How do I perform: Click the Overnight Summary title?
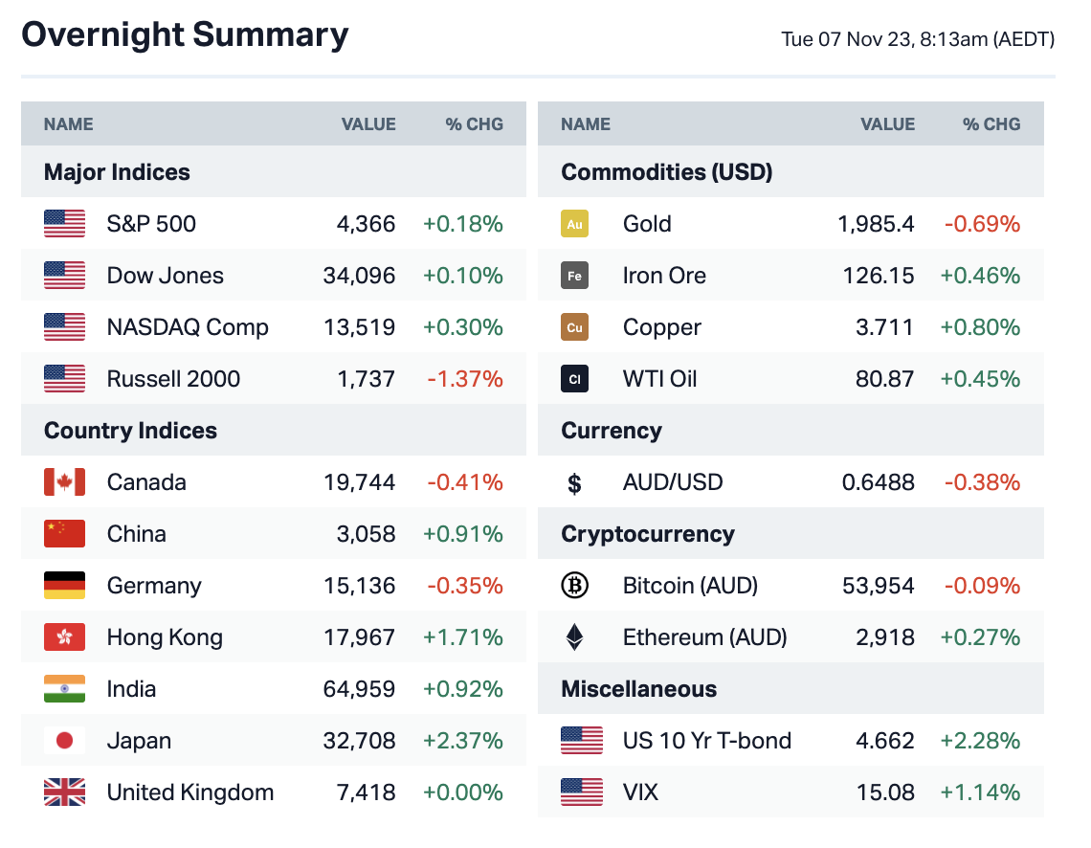[x=185, y=35]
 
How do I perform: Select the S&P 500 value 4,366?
[x=366, y=224]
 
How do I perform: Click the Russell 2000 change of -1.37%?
[x=464, y=379]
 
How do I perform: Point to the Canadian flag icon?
[x=64, y=482]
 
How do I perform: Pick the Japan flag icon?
[x=64, y=741]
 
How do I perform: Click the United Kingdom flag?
[x=64, y=792]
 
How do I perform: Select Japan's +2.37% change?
[x=462, y=741]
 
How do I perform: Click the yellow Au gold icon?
[x=574, y=224]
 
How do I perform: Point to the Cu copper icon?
[x=574, y=327]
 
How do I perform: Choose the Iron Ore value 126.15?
[x=878, y=276]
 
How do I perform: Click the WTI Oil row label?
[x=659, y=379]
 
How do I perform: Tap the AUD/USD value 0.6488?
[x=878, y=482]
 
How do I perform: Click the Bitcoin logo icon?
[x=574, y=586]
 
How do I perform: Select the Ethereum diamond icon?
[x=574, y=637]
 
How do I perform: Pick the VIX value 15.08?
[x=885, y=792]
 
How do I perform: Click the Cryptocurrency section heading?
[x=647, y=534]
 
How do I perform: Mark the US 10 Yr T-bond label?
[x=706, y=741]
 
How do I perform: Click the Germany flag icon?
[x=64, y=586]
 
